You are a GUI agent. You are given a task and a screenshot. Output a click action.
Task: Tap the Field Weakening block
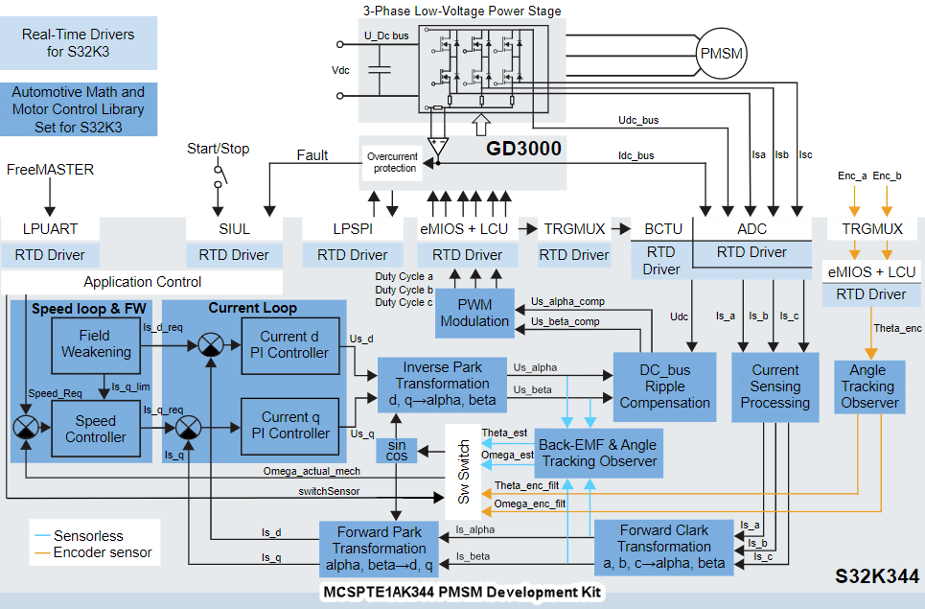point(96,343)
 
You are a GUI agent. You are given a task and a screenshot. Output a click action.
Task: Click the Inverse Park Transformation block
point(441,384)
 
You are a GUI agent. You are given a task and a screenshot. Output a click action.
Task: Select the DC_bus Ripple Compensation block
point(664,386)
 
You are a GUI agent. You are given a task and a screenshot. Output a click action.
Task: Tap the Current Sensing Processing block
point(775,386)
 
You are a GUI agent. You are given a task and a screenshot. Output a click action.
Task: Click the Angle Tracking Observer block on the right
point(867,386)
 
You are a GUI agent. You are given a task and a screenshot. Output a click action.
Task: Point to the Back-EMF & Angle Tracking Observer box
point(599,453)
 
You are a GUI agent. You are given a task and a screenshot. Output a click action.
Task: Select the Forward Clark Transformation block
point(664,547)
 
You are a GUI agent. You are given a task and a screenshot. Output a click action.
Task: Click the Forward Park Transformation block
point(380,549)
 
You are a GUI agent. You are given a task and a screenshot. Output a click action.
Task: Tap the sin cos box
point(397,451)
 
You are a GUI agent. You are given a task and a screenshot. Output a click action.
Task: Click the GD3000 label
point(523,149)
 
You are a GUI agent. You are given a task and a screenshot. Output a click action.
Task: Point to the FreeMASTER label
point(51,170)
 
